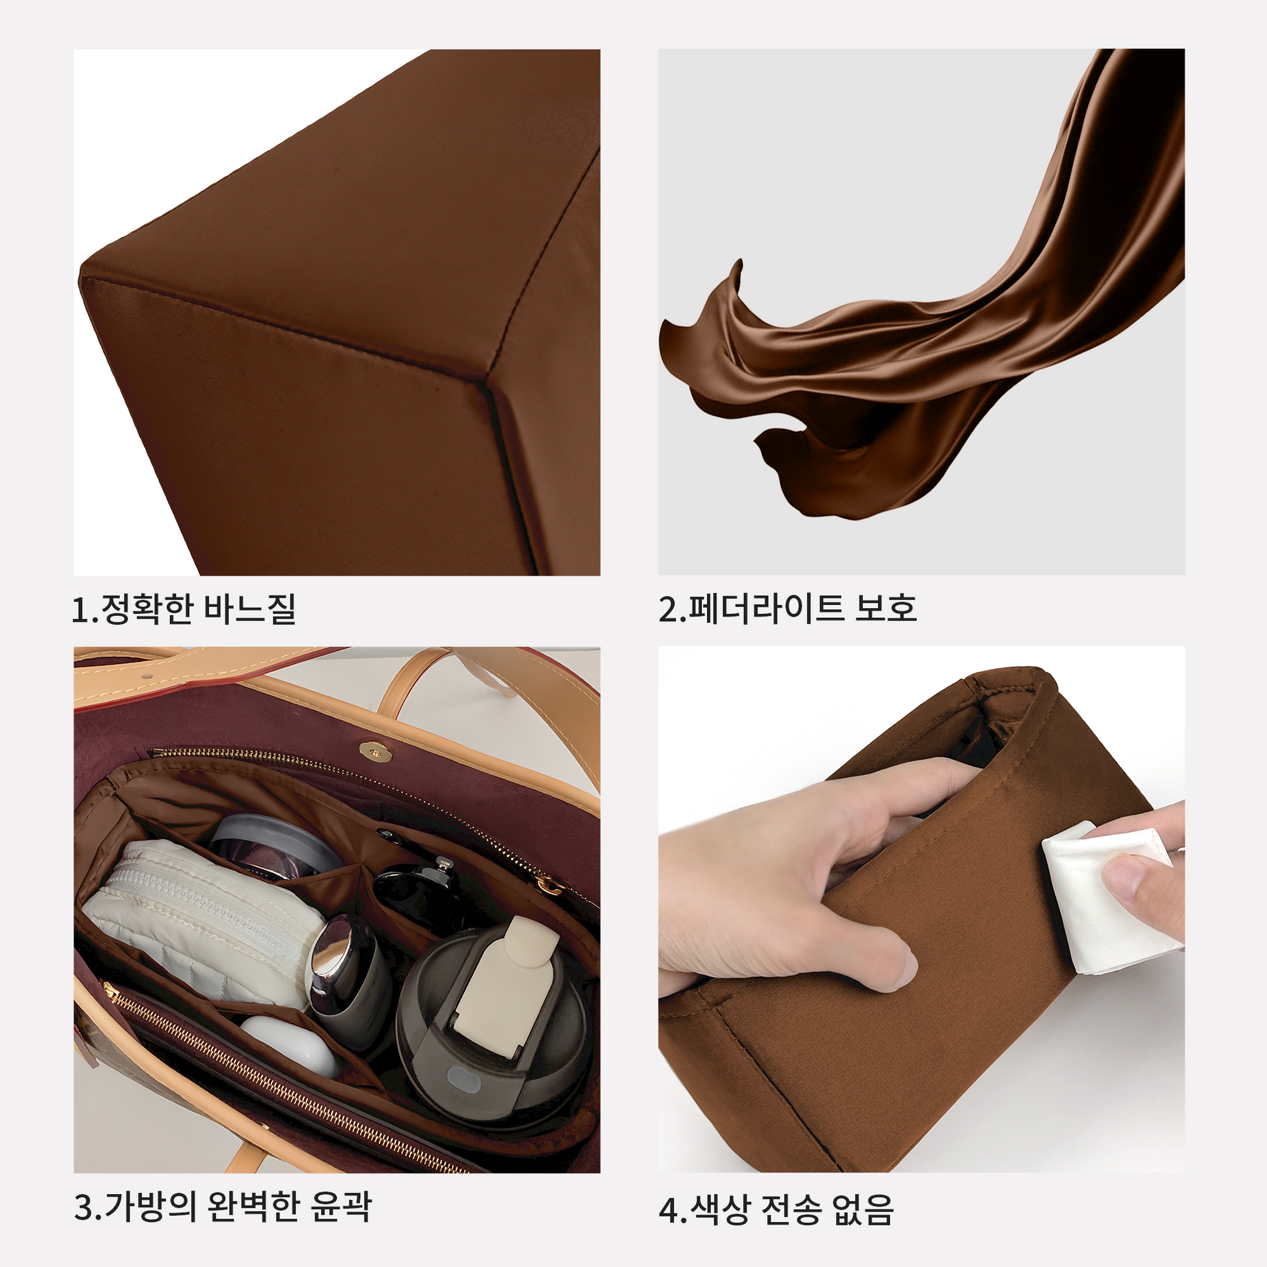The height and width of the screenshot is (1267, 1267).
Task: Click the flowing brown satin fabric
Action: click(x=931, y=314)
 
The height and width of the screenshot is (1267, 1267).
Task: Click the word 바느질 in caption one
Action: click(x=250, y=609)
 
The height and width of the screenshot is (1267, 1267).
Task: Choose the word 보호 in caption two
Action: click(x=885, y=608)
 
